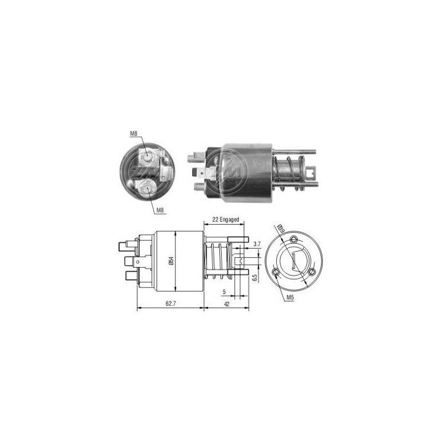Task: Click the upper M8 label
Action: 134,133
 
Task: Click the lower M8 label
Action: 160,211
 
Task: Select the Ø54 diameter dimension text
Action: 172,261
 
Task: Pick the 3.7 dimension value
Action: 257,244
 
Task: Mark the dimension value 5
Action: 225,292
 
